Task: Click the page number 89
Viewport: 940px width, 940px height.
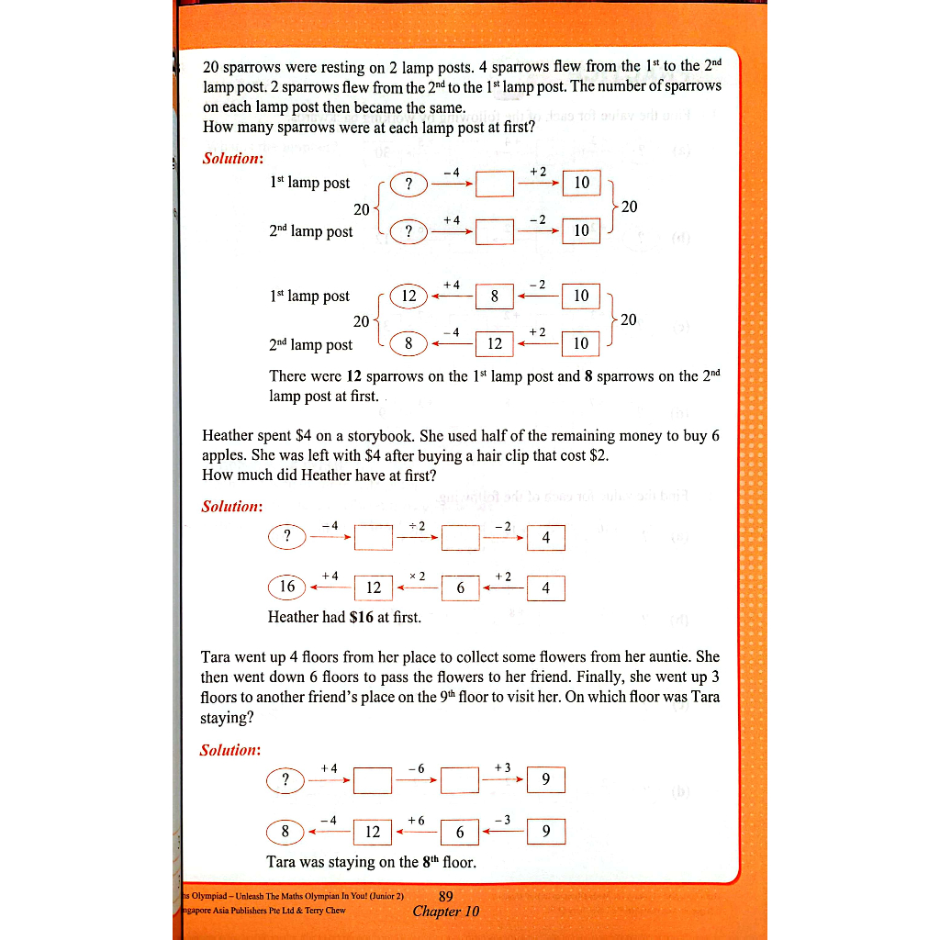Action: pos(446,896)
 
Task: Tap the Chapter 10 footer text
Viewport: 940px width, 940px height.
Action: pos(446,912)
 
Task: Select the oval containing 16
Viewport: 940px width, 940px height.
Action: pos(286,587)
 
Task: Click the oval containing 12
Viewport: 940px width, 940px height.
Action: pos(408,296)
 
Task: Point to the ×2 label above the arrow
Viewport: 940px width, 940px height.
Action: pos(417,576)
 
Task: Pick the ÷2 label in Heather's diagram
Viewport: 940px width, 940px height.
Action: pos(417,525)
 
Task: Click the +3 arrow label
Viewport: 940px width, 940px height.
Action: pos(502,767)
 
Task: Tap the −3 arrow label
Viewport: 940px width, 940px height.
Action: pos(502,819)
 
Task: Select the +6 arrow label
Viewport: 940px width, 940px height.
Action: pos(416,819)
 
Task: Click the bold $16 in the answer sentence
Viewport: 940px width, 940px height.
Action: pos(362,617)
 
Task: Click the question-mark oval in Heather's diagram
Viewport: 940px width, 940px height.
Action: pos(287,536)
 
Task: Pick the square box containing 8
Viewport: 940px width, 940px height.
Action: pos(494,296)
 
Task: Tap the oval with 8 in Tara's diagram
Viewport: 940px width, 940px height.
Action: pos(285,832)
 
